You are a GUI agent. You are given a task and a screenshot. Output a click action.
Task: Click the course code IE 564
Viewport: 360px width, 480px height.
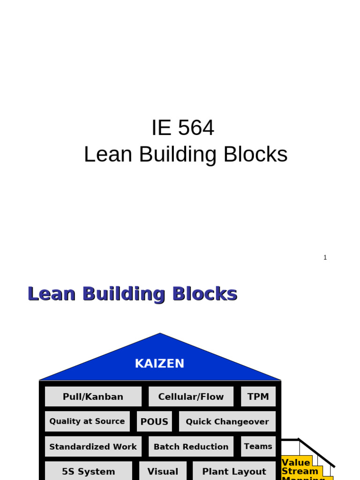(182, 128)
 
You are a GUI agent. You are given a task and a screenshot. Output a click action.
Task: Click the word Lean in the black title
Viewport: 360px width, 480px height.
(108, 155)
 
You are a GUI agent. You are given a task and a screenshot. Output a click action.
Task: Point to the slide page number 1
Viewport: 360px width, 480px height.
(325, 257)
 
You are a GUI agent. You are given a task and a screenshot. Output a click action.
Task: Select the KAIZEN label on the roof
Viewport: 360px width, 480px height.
(159, 364)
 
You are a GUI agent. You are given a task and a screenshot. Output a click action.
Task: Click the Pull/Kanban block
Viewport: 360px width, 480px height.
(93, 397)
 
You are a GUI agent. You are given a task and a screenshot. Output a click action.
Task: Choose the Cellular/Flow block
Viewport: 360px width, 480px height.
(191, 397)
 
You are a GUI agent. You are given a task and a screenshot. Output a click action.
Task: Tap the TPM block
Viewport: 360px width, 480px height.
(258, 397)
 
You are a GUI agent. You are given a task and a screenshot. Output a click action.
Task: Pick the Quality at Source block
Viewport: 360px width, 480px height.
(87, 421)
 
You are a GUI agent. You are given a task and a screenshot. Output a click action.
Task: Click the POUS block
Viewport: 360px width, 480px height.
(154, 421)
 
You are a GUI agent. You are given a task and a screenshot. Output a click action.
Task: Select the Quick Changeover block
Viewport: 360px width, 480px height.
(227, 421)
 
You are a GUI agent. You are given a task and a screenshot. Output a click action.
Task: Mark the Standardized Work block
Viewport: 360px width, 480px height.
(93, 447)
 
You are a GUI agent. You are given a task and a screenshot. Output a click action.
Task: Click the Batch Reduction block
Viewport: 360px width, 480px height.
(191, 447)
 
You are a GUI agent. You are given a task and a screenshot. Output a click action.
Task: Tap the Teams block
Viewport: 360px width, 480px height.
(258, 446)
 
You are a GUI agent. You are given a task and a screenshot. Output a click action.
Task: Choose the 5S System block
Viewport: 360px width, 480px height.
(88, 472)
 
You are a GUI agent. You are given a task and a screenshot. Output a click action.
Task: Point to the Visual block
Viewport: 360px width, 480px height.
(163, 472)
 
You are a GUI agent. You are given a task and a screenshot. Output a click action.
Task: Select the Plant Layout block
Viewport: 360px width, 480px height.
(234, 472)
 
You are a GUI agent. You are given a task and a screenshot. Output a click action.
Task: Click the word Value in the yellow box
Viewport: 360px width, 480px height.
(296, 463)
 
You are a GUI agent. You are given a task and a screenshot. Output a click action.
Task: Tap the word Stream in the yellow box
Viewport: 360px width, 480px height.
(300, 471)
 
